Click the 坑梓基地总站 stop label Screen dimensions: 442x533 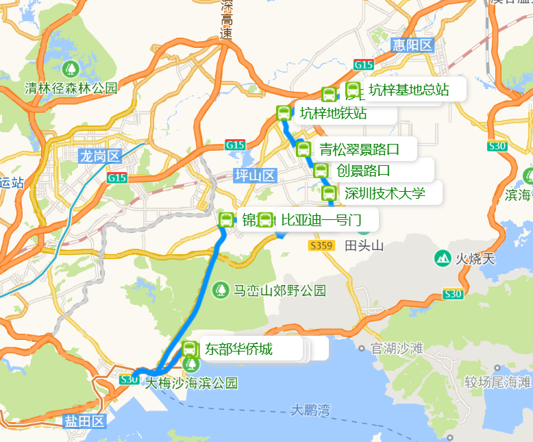408,89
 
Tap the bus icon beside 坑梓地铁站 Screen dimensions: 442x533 284,113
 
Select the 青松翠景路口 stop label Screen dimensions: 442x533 358,148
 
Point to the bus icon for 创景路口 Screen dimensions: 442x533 321,171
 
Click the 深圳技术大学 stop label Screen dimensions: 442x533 385,193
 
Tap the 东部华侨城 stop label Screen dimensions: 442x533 238,349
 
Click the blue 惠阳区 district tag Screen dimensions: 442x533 413,46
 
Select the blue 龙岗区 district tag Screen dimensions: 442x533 99,156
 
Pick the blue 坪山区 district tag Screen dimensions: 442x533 254,175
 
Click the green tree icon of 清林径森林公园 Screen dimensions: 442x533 70,69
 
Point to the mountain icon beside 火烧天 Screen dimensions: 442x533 443,258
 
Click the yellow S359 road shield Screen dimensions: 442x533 321,245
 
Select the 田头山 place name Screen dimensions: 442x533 364,245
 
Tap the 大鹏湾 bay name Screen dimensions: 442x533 310,410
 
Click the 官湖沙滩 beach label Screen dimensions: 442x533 397,349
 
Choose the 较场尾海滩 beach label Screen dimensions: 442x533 497,382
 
